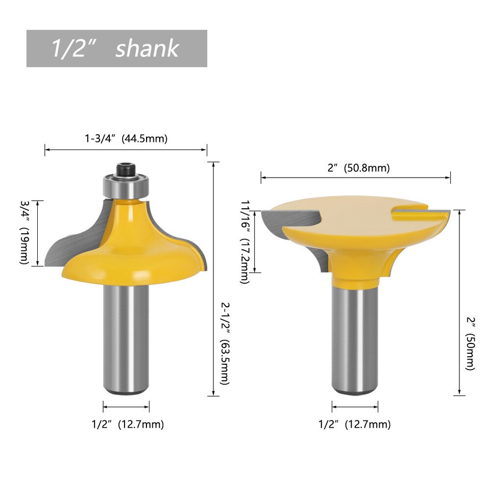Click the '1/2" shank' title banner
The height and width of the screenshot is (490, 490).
(x=116, y=48)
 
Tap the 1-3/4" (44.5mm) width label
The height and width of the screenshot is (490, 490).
(x=126, y=138)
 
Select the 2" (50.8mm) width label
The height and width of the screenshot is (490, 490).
(x=358, y=168)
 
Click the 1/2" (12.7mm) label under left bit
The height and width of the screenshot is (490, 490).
(x=128, y=424)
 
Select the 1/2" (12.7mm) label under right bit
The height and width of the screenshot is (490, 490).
(x=355, y=424)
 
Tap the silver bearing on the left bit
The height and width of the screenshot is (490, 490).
(x=125, y=186)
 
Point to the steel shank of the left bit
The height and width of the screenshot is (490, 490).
(x=126, y=337)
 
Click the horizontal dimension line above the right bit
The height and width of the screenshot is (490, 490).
(x=355, y=178)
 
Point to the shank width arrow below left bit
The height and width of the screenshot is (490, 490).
(x=126, y=406)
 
